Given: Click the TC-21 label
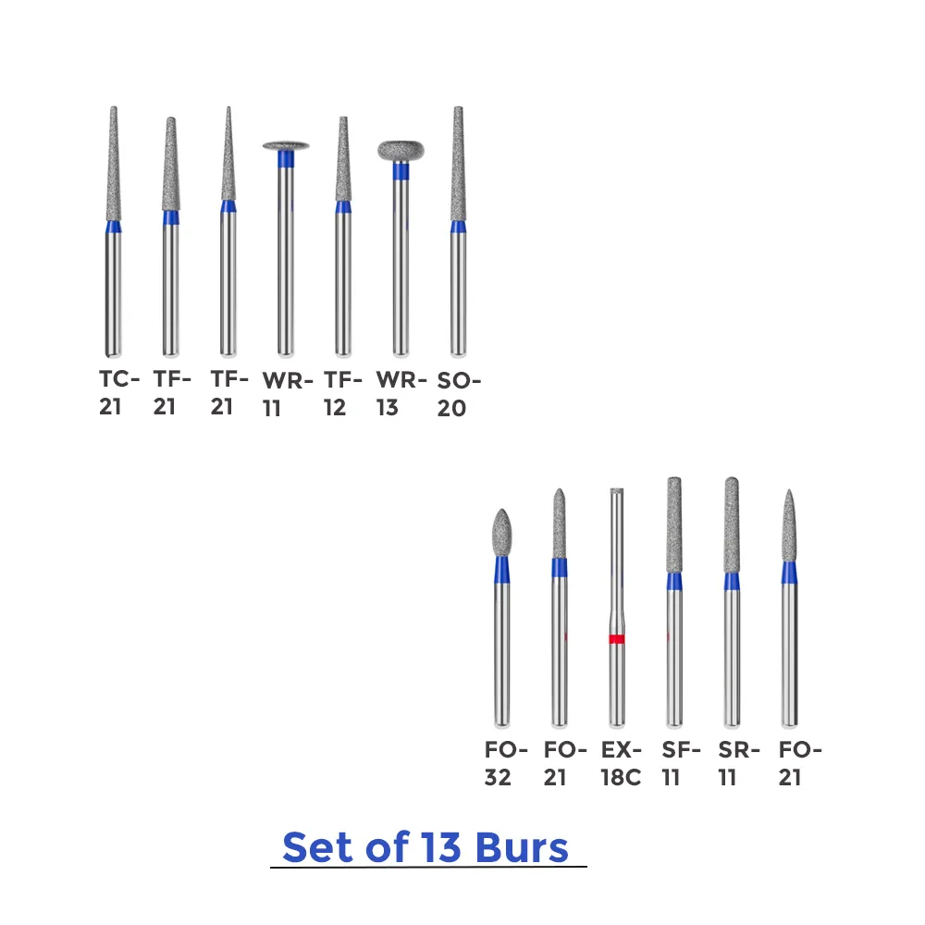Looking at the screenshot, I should (x=119, y=392).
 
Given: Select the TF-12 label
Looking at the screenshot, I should (x=342, y=392).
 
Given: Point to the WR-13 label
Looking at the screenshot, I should (x=401, y=392).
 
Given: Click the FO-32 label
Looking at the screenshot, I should (x=505, y=763).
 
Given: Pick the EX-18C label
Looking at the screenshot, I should (x=620, y=763).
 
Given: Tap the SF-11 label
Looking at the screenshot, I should (x=681, y=763).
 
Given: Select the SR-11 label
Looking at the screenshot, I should (x=738, y=763).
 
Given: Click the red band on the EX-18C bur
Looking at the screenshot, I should (x=617, y=639).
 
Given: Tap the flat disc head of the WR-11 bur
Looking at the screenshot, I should (x=286, y=145).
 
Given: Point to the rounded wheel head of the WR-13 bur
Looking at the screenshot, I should (x=401, y=150).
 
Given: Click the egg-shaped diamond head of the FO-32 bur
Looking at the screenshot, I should (x=501, y=531).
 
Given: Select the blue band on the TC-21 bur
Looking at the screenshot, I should (x=113, y=228).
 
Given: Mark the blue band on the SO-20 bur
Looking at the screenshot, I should (x=458, y=227).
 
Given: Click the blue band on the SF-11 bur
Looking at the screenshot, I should (x=674, y=582).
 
